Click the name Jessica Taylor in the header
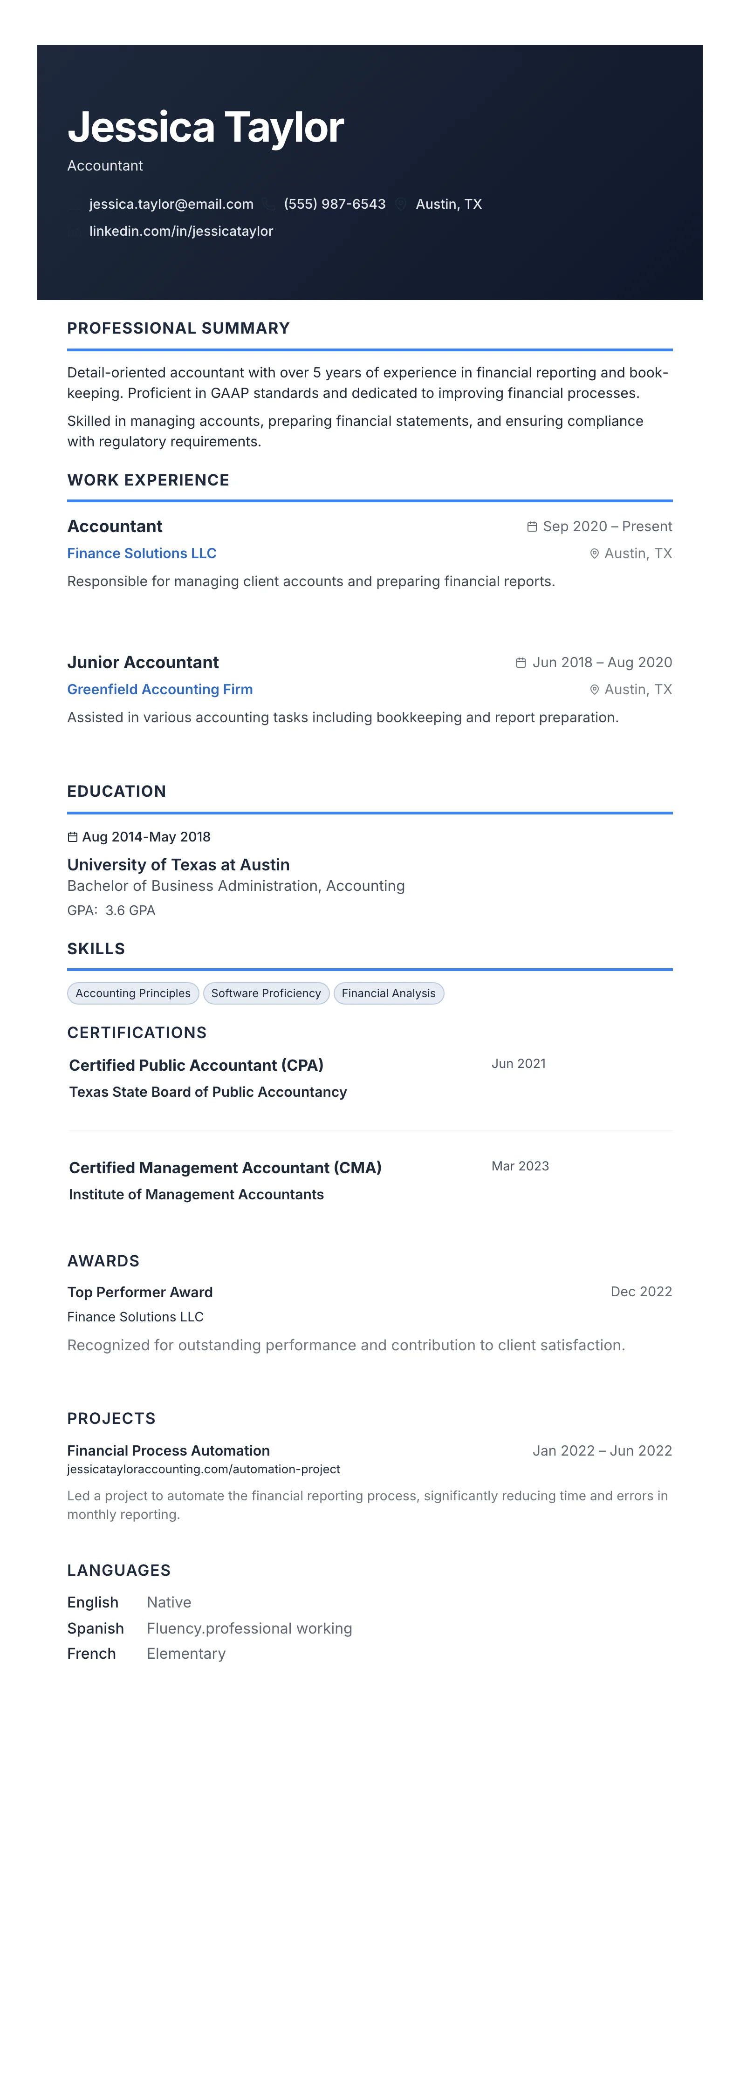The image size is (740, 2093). point(206,128)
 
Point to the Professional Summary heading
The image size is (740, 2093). point(178,328)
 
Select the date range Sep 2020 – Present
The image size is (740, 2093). point(607,527)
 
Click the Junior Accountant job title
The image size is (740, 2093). point(143,662)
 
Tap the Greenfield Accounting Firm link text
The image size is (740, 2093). point(159,689)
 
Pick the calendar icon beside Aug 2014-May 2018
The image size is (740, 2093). point(72,837)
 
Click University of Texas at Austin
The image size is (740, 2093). point(178,864)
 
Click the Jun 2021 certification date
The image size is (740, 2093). point(518,1064)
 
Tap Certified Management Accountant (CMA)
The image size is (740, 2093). point(225,1168)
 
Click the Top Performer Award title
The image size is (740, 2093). point(140,1292)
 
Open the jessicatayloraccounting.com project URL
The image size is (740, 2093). point(203,1469)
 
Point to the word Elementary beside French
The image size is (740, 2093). point(186,1654)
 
